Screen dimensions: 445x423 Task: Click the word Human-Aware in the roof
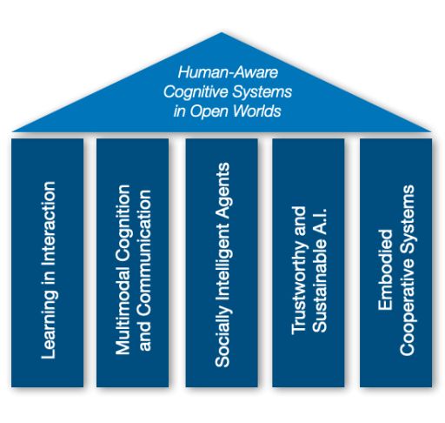(x=228, y=72)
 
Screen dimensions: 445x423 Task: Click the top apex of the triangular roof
(x=222, y=32)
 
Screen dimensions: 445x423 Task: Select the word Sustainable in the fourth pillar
(x=320, y=286)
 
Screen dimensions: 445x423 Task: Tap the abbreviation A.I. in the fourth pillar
(x=320, y=221)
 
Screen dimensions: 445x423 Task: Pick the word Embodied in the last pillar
(x=385, y=270)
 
